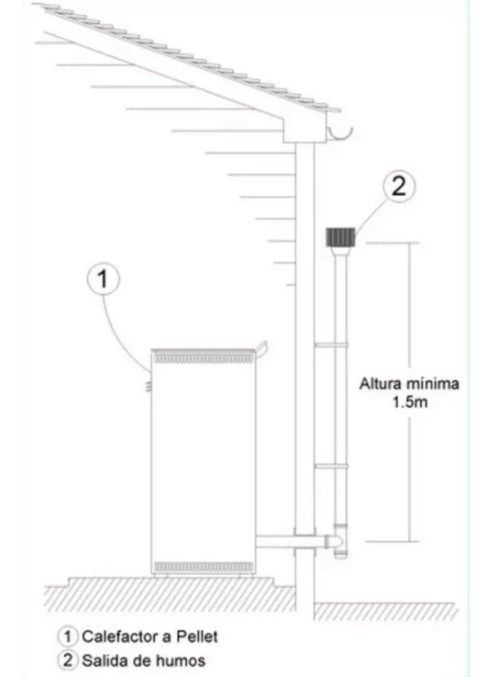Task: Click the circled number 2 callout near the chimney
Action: click(398, 187)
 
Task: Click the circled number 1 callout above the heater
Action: click(103, 280)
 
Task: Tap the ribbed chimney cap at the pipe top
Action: click(340, 236)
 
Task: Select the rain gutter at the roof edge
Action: click(340, 134)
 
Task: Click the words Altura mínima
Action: click(409, 384)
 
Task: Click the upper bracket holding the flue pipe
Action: click(332, 344)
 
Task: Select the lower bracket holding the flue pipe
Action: click(332, 466)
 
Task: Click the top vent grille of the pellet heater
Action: click(203, 358)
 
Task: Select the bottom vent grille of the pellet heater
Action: click(203, 566)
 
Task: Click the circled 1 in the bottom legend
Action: click(68, 637)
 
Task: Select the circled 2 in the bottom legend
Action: click(68, 660)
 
